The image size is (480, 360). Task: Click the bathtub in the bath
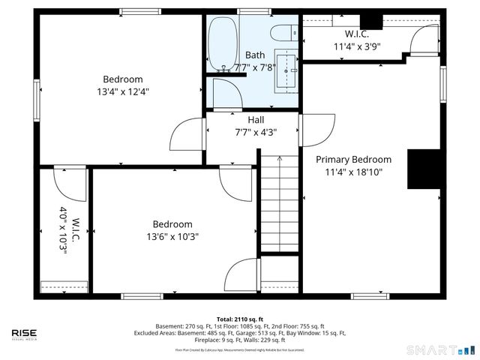[x=220, y=44]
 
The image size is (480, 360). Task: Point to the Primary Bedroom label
[x=353, y=160]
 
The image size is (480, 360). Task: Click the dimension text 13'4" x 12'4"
[x=123, y=91]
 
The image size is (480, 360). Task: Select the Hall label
[x=256, y=120]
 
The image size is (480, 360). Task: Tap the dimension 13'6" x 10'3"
[x=172, y=236]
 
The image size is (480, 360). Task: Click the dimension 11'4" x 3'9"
[x=357, y=46]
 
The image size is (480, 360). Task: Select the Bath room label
[x=255, y=55]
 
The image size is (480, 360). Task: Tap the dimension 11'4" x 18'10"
[x=353, y=172]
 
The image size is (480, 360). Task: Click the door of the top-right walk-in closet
[x=425, y=39]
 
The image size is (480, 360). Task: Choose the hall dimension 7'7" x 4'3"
[x=256, y=132]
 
